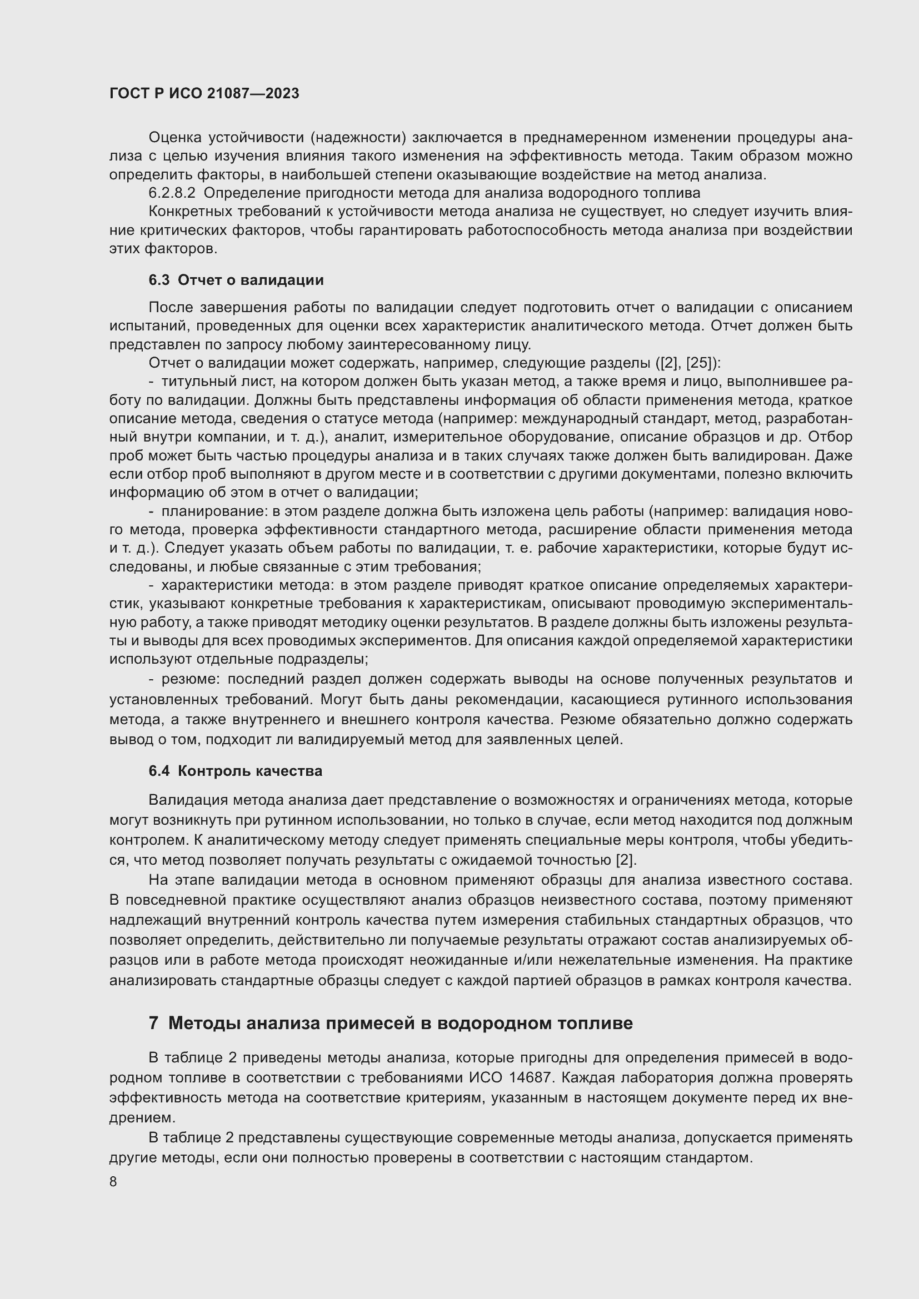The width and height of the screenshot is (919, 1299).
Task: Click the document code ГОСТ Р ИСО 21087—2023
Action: (x=204, y=93)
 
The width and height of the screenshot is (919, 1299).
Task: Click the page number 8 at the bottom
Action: (x=113, y=1182)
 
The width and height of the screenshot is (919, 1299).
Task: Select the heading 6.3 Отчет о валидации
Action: (x=236, y=280)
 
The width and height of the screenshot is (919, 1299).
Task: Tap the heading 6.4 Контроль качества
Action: (x=236, y=771)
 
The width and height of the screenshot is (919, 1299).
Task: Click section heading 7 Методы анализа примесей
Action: (x=391, y=1023)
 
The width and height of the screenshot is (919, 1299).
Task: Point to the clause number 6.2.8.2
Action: (x=172, y=193)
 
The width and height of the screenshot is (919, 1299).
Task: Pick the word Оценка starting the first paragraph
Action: (x=175, y=138)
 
